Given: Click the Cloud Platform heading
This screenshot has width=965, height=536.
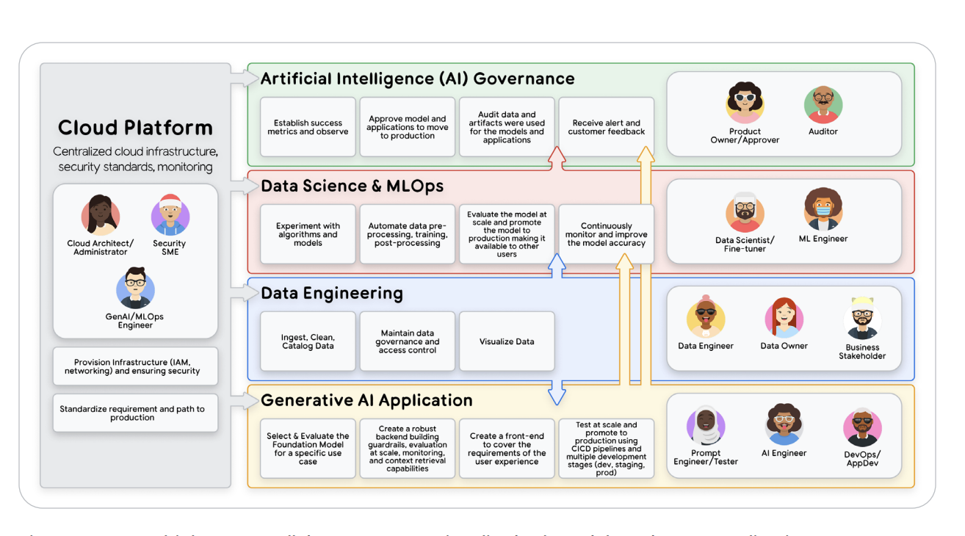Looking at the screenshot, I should pyautogui.click(x=135, y=128).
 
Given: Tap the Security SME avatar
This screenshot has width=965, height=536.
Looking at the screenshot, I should pyautogui.click(x=170, y=215).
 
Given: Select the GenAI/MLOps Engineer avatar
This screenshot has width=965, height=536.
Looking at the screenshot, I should pyautogui.click(x=135, y=288).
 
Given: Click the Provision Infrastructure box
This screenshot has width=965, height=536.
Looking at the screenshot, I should pyautogui.click(x=136, y=366).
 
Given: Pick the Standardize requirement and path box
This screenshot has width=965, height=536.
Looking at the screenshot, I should pyautogui.click(x=136, y=413).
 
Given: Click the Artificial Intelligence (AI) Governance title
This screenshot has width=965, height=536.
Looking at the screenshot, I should pyautogui.click(x=417, y=79).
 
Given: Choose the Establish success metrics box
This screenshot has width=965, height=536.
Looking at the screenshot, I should pyautogui.click(x=308, y=127).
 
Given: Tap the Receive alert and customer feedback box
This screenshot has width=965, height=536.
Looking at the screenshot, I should pyautogui.click(x=606, y=127).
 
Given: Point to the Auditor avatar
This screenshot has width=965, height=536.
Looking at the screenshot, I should pyautogui.click(x=823, y=105).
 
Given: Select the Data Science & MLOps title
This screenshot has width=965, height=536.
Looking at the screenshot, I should pyautogui.click(x=352, y=186).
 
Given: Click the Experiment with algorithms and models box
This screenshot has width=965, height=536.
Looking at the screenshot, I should pyautogui.click(x=308, y=234).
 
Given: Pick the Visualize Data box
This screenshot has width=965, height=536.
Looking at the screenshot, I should pyautogui.click(x=507, y=341).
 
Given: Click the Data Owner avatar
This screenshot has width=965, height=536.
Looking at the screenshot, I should pyautogui.click(x=784, y=317).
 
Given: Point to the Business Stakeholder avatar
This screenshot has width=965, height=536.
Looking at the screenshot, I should pyautogui.click(x=862, y=319).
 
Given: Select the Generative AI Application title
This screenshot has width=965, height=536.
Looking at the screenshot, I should pyautogui.click(x=366, y=400).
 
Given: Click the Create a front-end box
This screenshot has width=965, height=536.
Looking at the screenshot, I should pyautogui.click(x=507, y=449).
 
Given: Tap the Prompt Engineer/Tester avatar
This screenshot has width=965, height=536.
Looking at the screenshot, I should pyautogui.click(x=706, y=426).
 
